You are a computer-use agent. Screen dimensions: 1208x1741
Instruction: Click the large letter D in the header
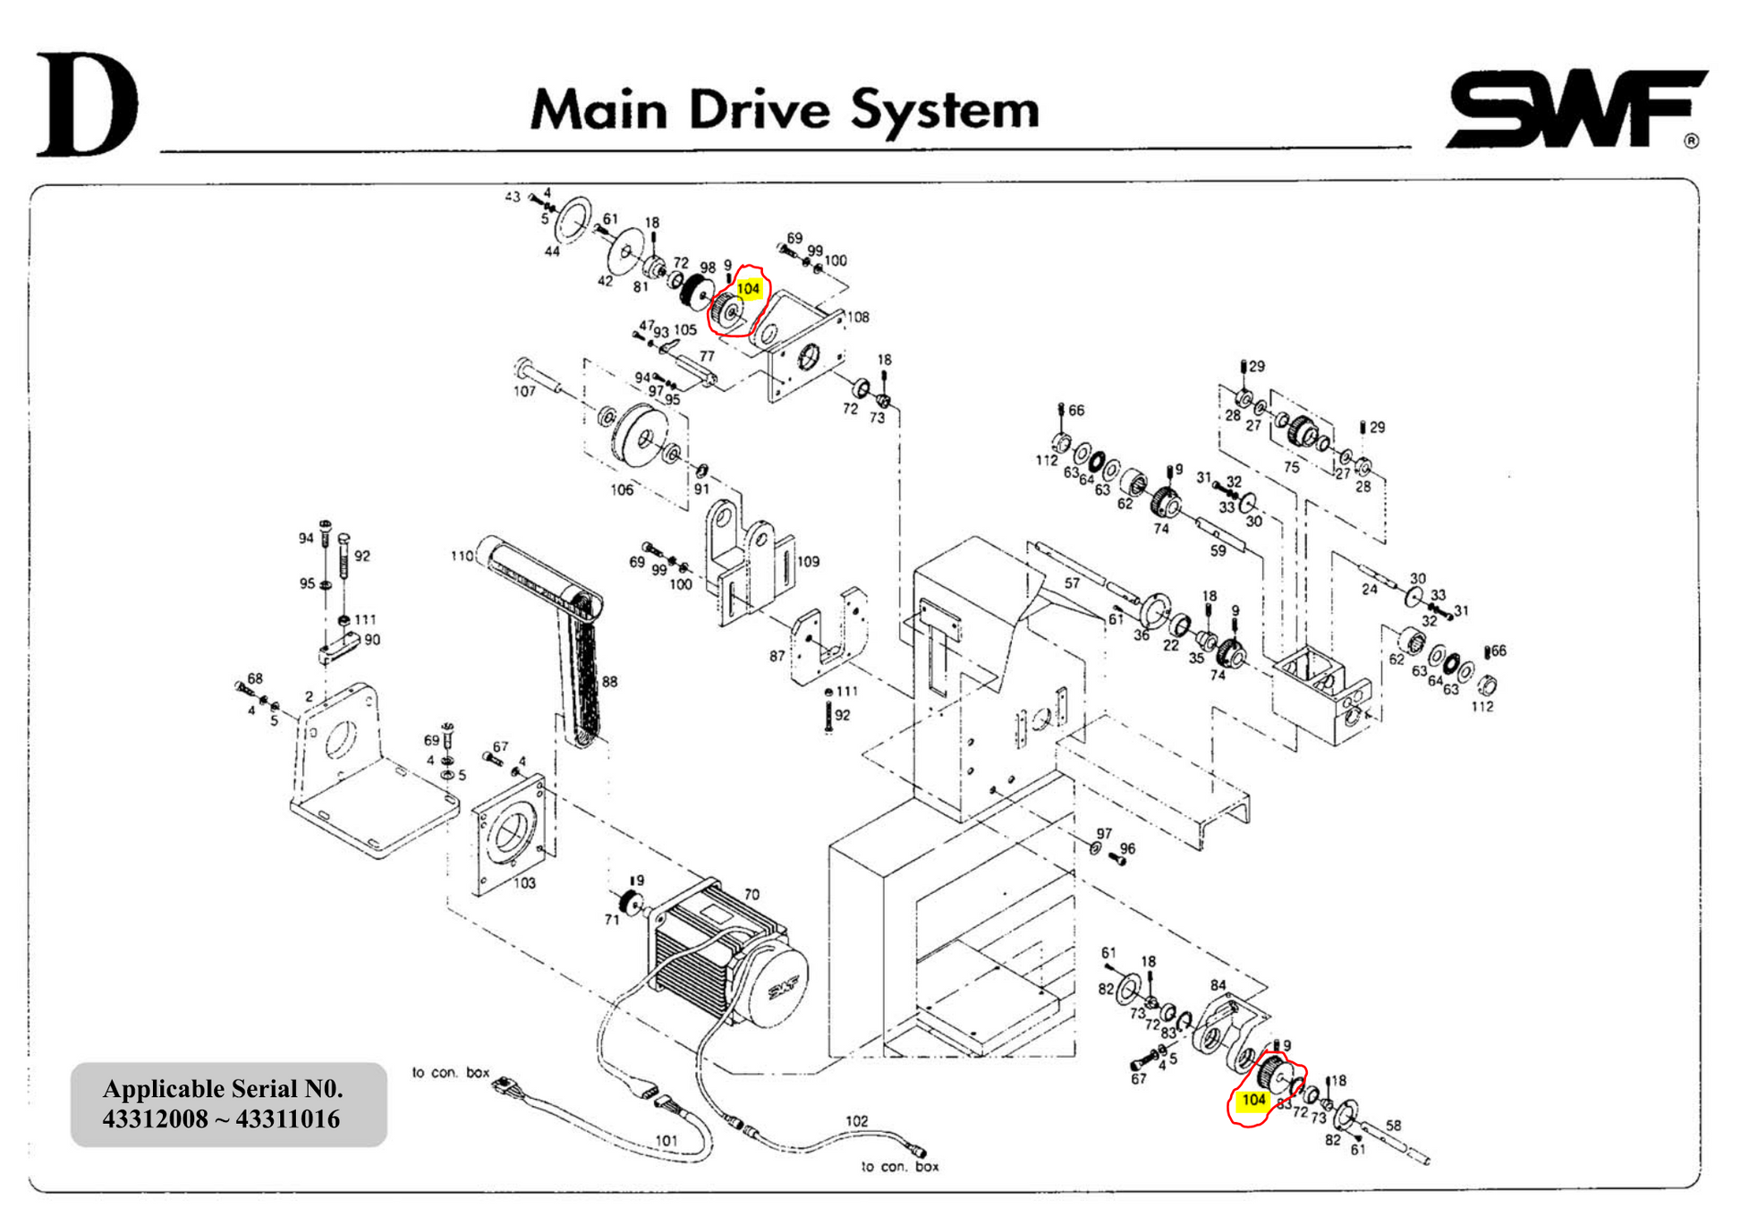click(x=87, y=105)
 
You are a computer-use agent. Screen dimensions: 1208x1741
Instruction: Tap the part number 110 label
click(x=462, y=556)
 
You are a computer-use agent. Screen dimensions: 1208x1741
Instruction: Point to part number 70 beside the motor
click(x=752, y=894)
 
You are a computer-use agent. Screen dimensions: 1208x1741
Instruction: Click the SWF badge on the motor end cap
click(x=784, y=989)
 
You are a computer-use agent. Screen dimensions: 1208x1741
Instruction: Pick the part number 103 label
click(x=524, y=883)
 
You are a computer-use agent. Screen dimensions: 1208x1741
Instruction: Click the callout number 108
click(x=858, y=317)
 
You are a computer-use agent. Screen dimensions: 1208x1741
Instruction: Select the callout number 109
click(x=808, y=562)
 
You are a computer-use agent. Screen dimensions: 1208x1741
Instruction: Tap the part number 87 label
click(x=777, y=656)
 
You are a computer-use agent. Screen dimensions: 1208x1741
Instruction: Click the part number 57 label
click(x=1072, y=583)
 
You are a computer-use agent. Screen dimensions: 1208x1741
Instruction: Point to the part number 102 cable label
click(x=856, y=1120)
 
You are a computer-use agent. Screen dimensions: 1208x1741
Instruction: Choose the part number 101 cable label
click(x=667, y=1141)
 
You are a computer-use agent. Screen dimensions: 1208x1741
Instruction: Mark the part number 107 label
click(x=524, y=391)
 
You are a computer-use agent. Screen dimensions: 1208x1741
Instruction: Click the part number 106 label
click(x=622, y=489)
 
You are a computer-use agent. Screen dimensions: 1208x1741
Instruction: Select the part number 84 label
click(x=1218, y=985)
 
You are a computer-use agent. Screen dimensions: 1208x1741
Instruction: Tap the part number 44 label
click(x=552, y=251)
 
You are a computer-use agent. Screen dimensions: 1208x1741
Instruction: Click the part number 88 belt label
click(x=609, y=682)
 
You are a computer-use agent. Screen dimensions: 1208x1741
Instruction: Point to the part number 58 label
click(x=1393, y=1126)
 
